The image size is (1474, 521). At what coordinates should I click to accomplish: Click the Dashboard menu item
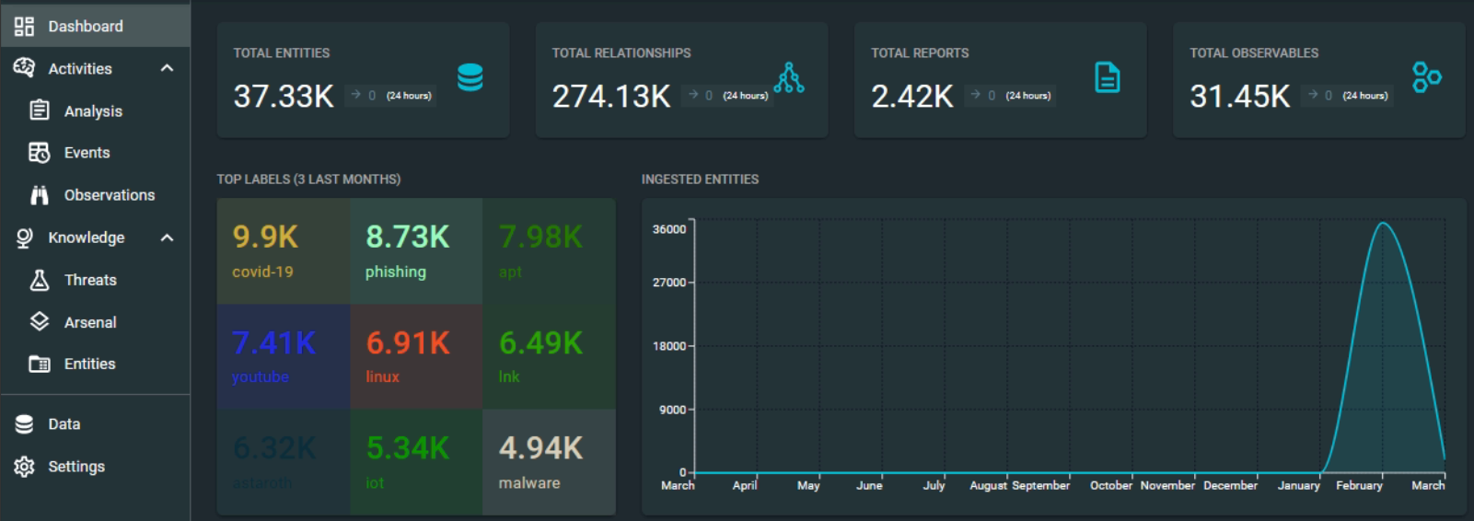pyautogui.click(x=85, y=26)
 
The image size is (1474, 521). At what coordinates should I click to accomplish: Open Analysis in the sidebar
pyautogui.click(x=92, y=111)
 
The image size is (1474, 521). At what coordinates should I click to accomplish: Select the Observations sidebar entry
pyautogui.click(x=109, y=195)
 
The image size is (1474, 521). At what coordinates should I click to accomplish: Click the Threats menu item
pyautogui.click(x=90, y=280)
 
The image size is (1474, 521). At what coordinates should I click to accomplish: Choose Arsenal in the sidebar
pyautogui.click(x=90, y=322)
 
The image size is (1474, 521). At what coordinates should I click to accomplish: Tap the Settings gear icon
pyautogui.click(x=25, y=467)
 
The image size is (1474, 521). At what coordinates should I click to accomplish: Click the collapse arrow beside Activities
pyautogui.click(x=167, y=68)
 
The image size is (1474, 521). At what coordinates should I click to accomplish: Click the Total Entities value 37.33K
pyautogui.click(x=284, y=96)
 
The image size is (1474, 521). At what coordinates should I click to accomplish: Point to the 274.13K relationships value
pyautogui.click(x=611, y=96)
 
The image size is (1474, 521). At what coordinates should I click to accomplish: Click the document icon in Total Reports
pyautogui.click(x=1107, y=77)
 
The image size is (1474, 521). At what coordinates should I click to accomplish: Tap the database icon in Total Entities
pyautogui.click(x=470, y=77)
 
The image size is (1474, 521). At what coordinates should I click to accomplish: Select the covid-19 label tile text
pyautogui.click(x=262, y=272)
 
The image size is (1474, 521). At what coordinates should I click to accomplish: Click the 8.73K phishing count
pyautogui.click(x=407, y=237)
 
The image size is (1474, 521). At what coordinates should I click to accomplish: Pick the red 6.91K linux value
pyautogui.click(x=408, y=343)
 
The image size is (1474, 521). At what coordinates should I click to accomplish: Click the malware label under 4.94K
pyautogui.click(x=529, y=482)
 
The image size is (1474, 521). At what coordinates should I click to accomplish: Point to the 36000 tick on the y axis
pyautogui.click(x=669, y=229)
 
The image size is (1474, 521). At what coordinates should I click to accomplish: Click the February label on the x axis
pyautogui.click(x=1359, y=485)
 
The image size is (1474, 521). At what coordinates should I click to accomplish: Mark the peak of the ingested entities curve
pyautogui.click(x=1383, y=223)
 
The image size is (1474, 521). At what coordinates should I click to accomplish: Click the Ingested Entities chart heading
pyautogui.click(x=700, y=179)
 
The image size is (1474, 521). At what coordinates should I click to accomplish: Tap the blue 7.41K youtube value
pyautogui.click(x=273, y=343)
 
